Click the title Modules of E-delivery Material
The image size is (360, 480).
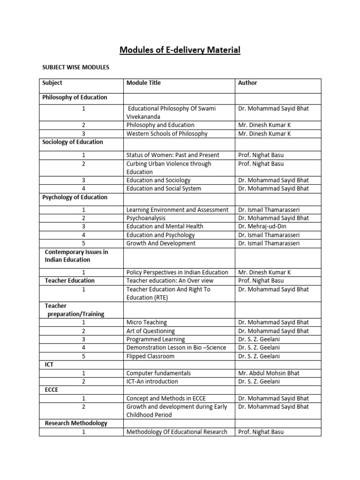pos(180,50)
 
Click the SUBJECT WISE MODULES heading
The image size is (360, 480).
pos(75,67)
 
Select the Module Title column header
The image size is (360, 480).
pos(143,83)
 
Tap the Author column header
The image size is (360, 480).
pos(247,83)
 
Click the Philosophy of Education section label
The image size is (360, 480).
pos(75,97)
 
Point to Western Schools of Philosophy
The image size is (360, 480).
pos(166,134)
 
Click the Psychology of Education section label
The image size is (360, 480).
pos(75,197)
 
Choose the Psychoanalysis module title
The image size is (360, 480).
pos(146,218)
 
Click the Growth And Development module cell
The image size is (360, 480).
pos(161,243)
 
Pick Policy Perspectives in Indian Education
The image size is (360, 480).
pos(177,272)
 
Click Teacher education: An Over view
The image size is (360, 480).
pos(170,281)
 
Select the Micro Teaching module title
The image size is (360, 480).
pos(146,322)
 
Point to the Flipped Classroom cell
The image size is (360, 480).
pos(150,356)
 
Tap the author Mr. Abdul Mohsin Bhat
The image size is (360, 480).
pos(269,373)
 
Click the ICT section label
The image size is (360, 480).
pos(49,365)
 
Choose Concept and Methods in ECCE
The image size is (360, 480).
pos(165,398)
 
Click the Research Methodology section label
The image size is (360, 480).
pos(76,423)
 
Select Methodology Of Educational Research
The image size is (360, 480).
pos(177,432)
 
